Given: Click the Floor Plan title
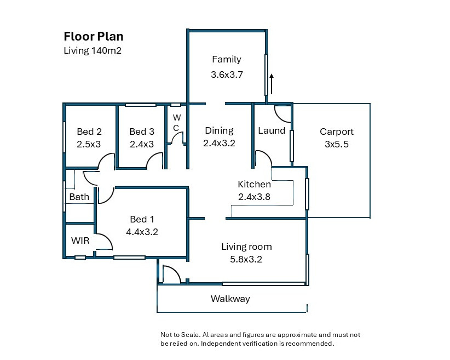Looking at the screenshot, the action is (94, 37).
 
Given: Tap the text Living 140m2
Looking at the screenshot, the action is (93, 50).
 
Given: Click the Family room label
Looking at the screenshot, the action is (227, 59).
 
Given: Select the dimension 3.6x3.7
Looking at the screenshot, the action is (227, 75).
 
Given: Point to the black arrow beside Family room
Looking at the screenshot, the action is (272, 84).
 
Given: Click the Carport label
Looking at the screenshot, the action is (337, 132).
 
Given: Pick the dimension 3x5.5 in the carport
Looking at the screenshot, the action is (337, 144).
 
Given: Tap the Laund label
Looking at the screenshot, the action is (272, 130).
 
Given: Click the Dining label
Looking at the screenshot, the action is (220, 131).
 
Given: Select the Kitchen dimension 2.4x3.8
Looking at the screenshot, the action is (254, 197).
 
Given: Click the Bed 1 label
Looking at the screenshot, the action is (142, 219).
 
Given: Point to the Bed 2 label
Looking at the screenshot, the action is (89, 132).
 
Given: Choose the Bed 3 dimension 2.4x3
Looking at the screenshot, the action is (142, 144).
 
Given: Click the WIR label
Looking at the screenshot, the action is (80, 241).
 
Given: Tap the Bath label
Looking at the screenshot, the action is (79, 197).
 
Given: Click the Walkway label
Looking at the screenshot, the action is (230, 299).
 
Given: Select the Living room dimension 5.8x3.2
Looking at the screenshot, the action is (246, 259).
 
